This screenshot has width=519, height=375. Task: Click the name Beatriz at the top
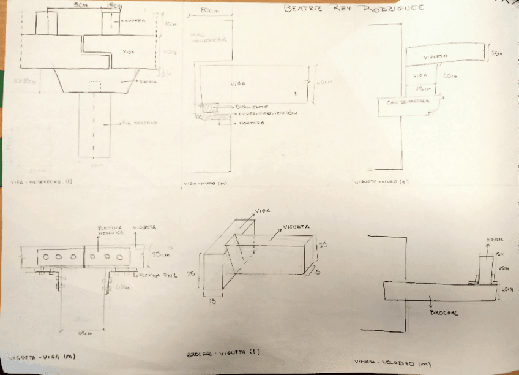coord(302,9)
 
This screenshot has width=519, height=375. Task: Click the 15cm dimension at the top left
coord(113,6)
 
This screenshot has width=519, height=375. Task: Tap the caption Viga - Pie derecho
coord(42,181)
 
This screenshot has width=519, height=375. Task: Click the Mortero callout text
coord(253,122)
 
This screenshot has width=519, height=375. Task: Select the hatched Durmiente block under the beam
coord(211,108)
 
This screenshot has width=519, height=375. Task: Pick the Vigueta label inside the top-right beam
coord(436,56)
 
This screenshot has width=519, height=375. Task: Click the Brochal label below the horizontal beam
coord(444,313)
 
